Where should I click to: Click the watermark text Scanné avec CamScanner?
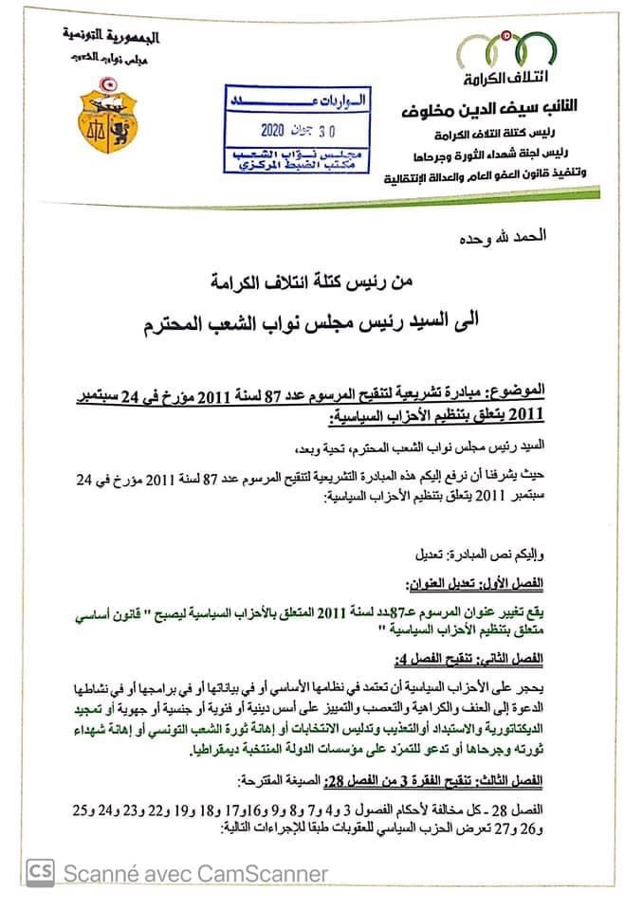point(194,873)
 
